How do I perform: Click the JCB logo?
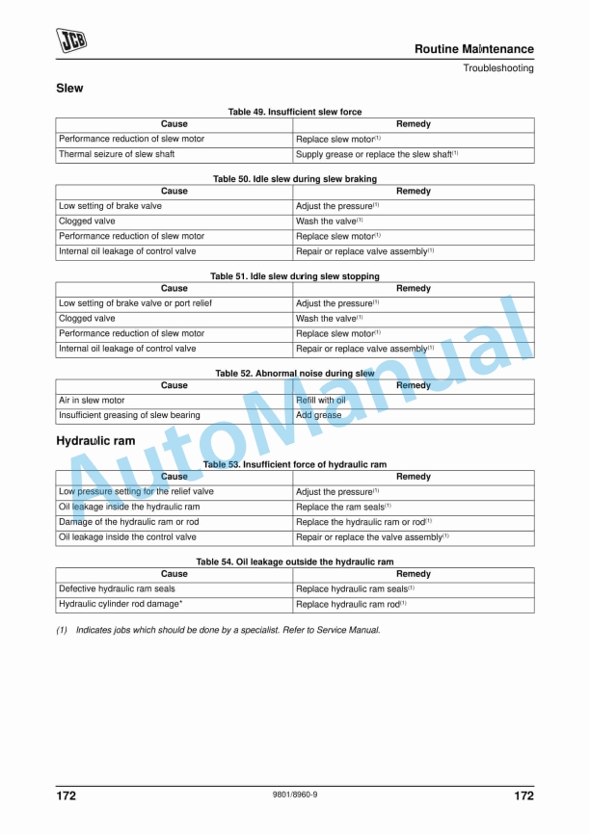pos(70,39)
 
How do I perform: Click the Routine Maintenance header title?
pos(473,49)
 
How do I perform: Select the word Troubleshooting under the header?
pos(497,68)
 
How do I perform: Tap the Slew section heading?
pos(69,89)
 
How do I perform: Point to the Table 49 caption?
pos(295,113)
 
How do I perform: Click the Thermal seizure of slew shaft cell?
pos(117,154)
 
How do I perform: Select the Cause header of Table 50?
pos(174,192)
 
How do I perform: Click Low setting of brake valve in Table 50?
pos(110,206)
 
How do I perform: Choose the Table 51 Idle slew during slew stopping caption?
pos(295,276)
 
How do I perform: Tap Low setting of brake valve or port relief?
pos(135,303)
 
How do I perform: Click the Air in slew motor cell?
pos(92,401)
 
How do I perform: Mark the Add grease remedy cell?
pos(318,416)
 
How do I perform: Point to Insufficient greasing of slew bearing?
pos(129,416)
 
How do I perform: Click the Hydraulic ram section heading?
pos(95,441)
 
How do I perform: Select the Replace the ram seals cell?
pos(342,507)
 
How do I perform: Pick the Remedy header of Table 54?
pos(414,574)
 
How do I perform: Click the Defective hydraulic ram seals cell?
pos(117,588)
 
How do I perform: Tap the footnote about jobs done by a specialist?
pos(218,630)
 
